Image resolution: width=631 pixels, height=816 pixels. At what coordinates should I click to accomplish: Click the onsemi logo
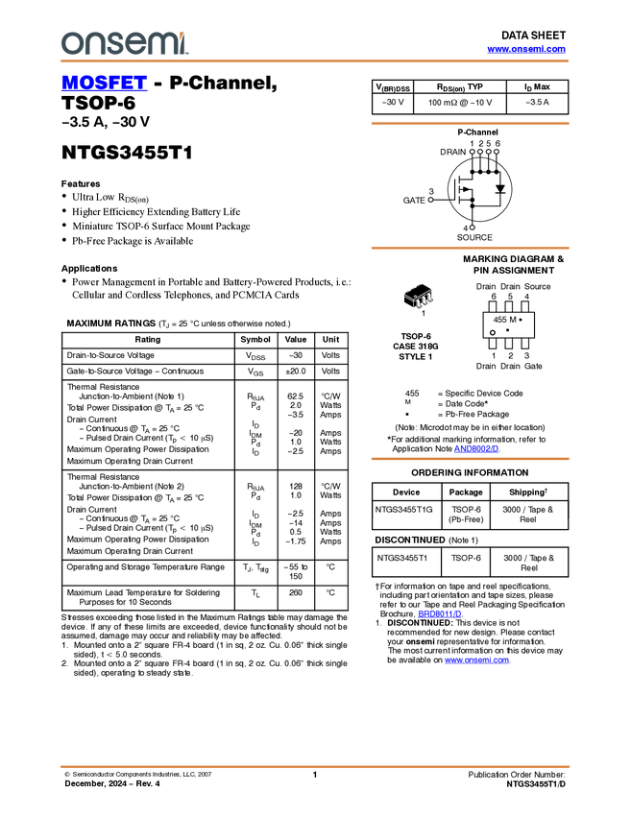(x=124, y=43)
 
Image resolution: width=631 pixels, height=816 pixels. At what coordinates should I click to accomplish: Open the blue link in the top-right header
(x=526, y=49)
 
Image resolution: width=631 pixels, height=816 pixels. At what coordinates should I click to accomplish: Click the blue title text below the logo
(x=104, y=84)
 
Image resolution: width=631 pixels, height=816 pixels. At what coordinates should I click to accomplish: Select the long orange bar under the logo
(x=315, y=61)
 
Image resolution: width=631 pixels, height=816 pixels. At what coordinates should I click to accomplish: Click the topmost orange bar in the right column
(x=470, y=124)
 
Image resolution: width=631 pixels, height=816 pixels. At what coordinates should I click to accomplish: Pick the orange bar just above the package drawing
(x=470, y=248)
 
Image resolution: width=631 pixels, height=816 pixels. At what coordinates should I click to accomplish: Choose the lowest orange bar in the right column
(x=470, y=459)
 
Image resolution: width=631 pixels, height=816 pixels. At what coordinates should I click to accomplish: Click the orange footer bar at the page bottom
(x=315, y=767)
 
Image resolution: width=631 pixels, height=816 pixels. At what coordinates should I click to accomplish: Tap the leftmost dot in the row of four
(x=472, y=152)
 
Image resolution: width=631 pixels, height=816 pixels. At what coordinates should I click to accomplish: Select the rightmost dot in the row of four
(x=497, y=152)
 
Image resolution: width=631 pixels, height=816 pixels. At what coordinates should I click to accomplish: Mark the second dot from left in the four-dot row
(x=479, y=152)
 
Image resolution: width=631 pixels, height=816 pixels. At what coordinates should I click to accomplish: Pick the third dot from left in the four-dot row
(x=488, y=152)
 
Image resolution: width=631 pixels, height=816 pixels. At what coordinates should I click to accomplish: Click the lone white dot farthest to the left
(x=430, y=200)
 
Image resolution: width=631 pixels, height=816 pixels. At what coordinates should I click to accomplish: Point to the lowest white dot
(x=472, y=228)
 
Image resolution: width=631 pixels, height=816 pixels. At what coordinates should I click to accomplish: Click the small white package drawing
(x=419, y=299)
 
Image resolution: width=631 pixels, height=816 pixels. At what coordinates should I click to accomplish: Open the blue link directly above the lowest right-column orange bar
(x=476, y=448)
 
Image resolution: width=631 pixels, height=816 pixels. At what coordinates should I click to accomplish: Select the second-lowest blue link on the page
(x=440, y=613)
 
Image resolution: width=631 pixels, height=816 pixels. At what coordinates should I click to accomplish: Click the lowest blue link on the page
(x=477, y=660)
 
